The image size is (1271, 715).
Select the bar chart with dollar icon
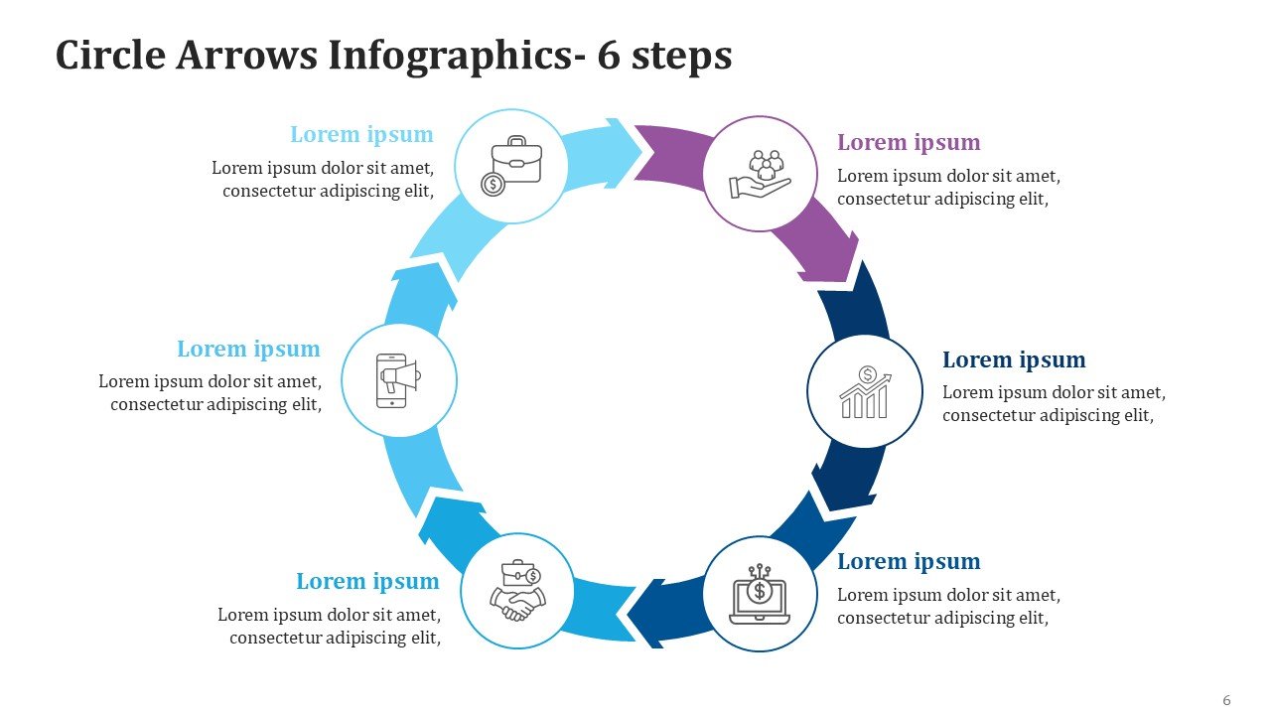865,392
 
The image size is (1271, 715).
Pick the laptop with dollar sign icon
760,594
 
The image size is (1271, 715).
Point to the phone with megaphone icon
398,380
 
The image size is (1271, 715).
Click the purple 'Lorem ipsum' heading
909,142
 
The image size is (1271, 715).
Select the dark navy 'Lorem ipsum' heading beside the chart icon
1014,359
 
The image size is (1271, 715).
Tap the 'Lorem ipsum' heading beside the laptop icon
909,561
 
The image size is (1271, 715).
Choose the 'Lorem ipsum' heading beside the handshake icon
367,581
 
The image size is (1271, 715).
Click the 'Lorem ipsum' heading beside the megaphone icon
248,349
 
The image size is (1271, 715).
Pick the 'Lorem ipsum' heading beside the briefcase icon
361,134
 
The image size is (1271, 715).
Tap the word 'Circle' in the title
109,57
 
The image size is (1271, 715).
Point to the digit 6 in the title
608,57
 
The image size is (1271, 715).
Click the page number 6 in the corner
1226,700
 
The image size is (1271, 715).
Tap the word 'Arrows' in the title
247,57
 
